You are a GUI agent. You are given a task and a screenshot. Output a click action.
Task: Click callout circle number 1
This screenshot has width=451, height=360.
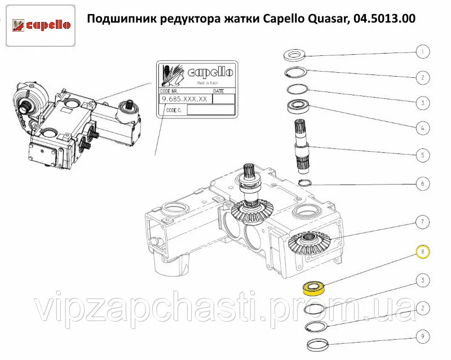click(422, 52)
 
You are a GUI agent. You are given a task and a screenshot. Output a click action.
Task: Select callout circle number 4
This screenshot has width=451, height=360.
click(422, 128)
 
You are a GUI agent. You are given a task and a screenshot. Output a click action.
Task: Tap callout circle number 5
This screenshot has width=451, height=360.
click(422, 155)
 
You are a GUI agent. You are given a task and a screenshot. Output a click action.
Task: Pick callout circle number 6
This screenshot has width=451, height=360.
click(422, 183)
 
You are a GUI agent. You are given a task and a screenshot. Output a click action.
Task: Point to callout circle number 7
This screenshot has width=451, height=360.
click(422, 222)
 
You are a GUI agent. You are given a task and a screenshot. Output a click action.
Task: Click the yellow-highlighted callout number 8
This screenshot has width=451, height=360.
click(422, 252)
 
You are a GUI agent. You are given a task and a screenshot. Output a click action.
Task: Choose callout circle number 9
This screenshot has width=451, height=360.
click(422, 336)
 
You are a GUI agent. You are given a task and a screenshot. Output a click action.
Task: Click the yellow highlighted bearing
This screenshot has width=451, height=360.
click(314, 289)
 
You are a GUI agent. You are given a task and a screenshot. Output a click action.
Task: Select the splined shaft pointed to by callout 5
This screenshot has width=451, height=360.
click(302, 147)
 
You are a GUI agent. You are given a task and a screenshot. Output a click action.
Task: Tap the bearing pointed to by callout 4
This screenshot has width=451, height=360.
click(298, 106)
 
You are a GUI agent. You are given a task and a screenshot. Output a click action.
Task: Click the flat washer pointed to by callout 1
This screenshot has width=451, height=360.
click(294, 55)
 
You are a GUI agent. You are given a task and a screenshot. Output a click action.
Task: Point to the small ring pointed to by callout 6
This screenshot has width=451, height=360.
click(304, 183)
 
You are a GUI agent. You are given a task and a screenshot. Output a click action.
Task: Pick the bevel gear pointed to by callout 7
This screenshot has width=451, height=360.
click(309, 243)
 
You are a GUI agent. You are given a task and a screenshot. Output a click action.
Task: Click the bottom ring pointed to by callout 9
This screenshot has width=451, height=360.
click(317, 344)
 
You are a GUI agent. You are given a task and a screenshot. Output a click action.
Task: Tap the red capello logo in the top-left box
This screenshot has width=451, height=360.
click(41, 25)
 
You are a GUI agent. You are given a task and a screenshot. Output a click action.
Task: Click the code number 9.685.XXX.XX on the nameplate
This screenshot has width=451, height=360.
click(185, 99)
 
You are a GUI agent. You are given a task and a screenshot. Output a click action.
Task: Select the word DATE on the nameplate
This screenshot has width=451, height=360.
click(219, 91)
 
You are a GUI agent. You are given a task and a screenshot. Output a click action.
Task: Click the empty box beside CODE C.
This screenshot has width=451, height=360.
click(211, 110)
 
